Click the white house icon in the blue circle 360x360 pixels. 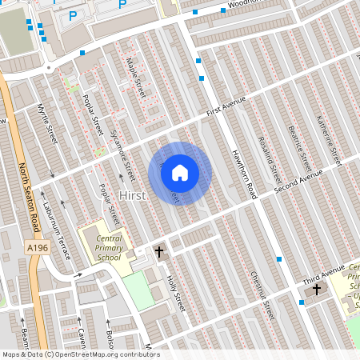tap(180, 172)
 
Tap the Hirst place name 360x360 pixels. tap(133, 196)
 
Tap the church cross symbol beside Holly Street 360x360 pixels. tap(158, 251)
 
